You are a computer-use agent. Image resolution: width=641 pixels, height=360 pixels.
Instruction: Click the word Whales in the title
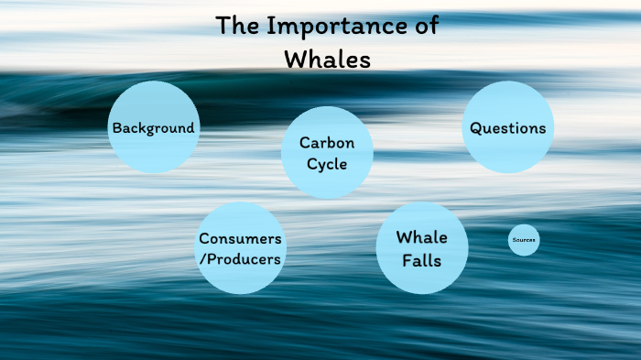(327, 59)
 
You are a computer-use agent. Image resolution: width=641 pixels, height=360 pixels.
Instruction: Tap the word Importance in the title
(340, 27)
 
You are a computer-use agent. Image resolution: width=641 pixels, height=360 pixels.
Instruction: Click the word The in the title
(238, 27)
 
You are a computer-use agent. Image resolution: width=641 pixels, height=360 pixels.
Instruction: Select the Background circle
(153, 127)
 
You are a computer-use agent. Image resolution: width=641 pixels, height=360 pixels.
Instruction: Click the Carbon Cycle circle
(327, 153)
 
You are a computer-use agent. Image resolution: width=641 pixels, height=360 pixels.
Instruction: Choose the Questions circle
(508, 127)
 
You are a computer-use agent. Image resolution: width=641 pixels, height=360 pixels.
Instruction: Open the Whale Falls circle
(422, 248)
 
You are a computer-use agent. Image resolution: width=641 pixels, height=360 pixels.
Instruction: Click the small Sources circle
(524, 240)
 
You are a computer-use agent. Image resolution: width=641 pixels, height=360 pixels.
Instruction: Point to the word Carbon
(327, 143)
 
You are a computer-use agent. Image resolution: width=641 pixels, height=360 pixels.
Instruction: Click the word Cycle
(327, 163)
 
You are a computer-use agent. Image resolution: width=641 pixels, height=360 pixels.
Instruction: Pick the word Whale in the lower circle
(422, 237)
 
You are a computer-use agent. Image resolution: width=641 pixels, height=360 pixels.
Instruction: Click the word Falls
(422, 260)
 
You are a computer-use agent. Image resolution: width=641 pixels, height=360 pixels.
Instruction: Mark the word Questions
(508, 128)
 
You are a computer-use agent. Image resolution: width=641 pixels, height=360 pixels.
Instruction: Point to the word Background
(153, 128)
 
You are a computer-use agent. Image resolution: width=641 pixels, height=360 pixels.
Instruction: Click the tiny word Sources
(524, 240)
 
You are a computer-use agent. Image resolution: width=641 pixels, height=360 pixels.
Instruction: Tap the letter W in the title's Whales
(295, 59)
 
